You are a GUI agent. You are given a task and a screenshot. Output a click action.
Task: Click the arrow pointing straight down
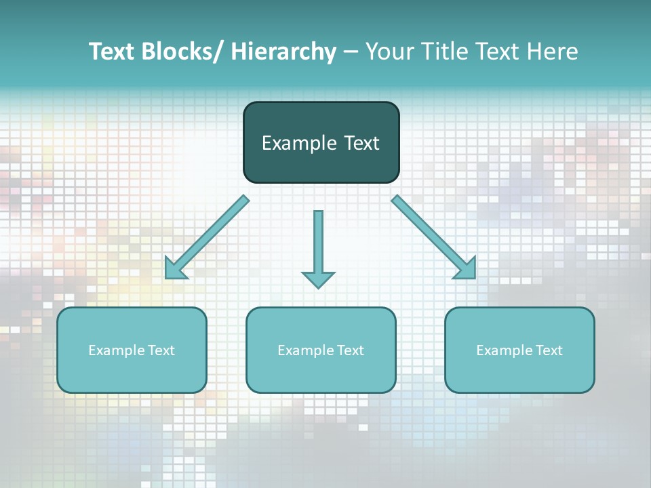(x=318, y=247)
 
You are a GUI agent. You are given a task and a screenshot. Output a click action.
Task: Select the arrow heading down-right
(x=433, y=237)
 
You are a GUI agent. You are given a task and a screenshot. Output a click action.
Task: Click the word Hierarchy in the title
(x=283, y=52)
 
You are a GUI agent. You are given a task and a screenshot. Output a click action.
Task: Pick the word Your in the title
(x=390, y=52)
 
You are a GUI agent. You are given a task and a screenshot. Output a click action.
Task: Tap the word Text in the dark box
(x=361, y=144)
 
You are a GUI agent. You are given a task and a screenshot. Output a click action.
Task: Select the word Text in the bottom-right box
(x=549, y=350)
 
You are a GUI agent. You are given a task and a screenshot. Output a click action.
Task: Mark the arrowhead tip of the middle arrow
(x=318, y=287)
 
